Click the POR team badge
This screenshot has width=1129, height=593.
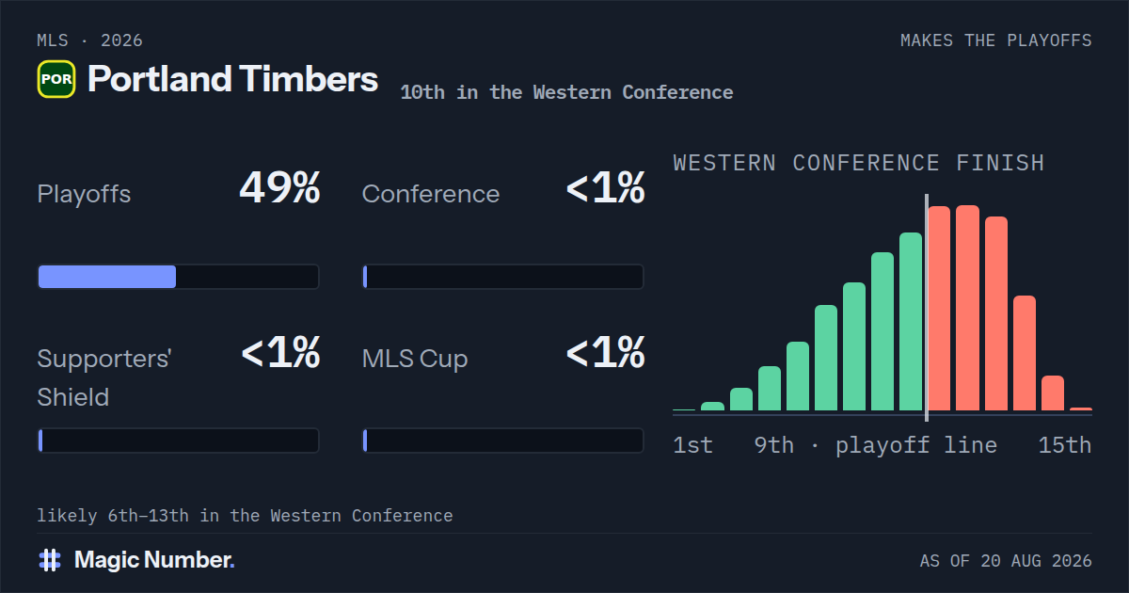point(56,79)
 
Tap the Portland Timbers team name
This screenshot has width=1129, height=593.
point(233,79)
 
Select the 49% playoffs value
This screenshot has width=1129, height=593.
point(279,187)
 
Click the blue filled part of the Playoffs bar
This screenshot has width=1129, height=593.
point(107,277)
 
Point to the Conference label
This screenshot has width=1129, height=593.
point(431,194)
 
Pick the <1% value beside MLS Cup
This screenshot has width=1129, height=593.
point(605,352)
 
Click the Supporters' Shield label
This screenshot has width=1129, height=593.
point(104,377)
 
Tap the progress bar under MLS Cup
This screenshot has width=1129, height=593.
point(503,441)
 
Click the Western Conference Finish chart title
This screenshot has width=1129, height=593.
point(859,164)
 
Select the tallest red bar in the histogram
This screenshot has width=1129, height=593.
point(968,308)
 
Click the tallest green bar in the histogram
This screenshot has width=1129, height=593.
point(911,321)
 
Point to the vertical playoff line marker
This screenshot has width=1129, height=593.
point(927,308)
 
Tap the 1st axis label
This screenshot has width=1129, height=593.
point(693,445)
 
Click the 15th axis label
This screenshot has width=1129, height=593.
point(1065,445)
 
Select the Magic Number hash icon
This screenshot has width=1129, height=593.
point(50,560)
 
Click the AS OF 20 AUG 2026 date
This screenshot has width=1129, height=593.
point(1006,561)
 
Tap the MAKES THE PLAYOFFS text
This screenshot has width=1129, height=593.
point(996,40)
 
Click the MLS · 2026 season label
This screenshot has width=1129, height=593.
point(89,40)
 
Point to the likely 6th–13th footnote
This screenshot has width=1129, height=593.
point(245,516)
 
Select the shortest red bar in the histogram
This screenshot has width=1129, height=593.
point(1081,409)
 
